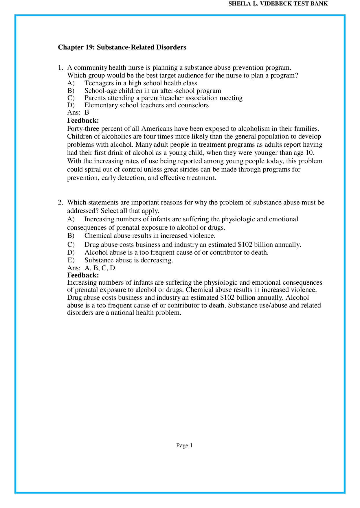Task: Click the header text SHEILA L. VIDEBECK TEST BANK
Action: tap(278, 4)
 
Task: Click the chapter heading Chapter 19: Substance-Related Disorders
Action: tap(122, 47)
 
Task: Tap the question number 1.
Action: tap(60, 68)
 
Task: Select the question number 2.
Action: tap(60, 203)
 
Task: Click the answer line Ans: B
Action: tap(78, 113)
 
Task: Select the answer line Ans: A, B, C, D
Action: tap(91, 268)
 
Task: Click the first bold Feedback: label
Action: tap(83, 120)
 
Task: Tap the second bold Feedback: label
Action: tap(83, 275)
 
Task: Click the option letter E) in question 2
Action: tap(71, 260)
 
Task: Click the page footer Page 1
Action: tap(184, 446)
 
